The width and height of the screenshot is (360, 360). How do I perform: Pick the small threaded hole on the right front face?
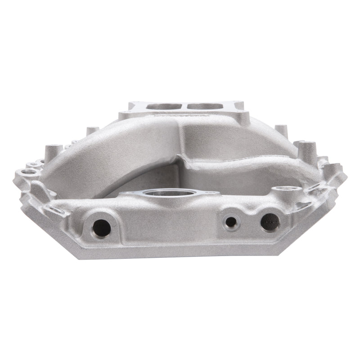tap(231, 221)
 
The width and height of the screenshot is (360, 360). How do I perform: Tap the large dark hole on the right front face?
tap(270, 222)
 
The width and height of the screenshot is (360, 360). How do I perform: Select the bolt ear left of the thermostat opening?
tap(128, 193)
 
